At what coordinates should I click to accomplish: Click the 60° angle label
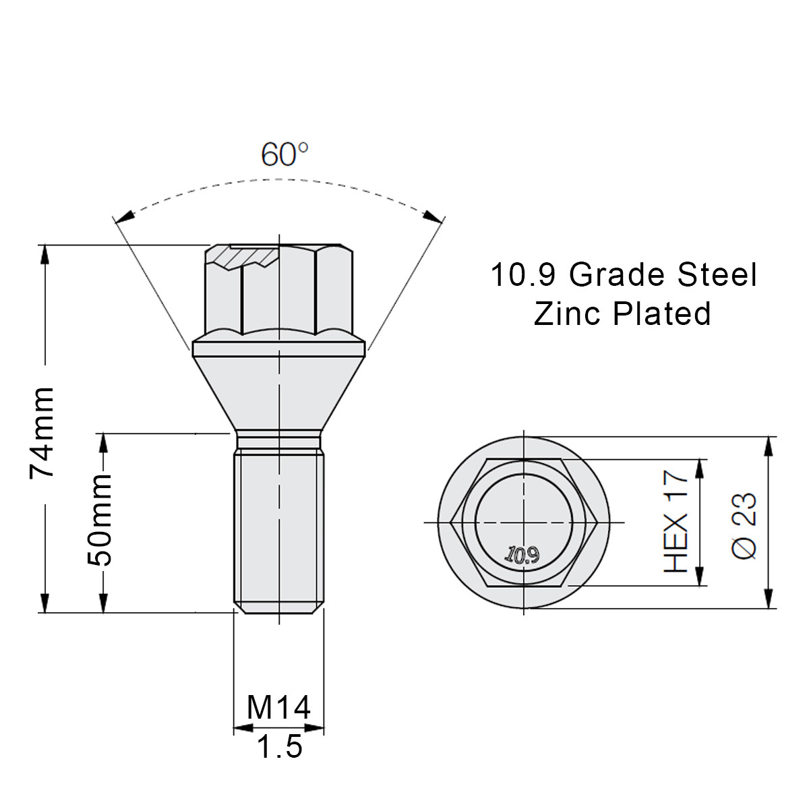284,154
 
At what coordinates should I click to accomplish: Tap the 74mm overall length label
42,432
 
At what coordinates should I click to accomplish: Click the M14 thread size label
278,708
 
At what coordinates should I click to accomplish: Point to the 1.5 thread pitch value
279,746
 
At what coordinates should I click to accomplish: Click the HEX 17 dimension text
676,522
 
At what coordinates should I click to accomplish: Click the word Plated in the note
662,313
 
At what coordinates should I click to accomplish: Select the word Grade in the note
616,275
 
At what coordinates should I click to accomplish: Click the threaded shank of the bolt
278,526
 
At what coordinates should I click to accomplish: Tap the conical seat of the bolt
278,391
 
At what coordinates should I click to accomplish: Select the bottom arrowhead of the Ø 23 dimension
769,599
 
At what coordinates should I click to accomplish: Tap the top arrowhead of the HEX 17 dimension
702,468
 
